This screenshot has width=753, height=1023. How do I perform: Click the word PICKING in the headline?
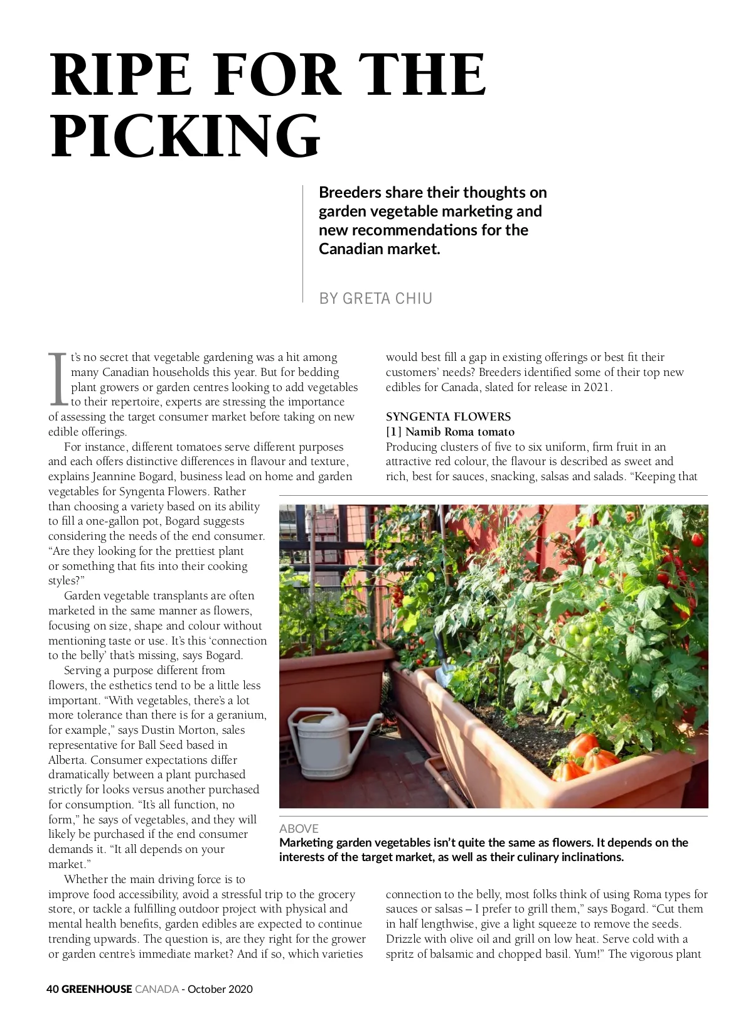click(186, 136)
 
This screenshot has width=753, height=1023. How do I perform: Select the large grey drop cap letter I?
click(57, 378)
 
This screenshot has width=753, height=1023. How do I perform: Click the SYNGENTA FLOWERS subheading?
click(448, 417)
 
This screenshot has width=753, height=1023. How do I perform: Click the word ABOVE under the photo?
click(299, 828)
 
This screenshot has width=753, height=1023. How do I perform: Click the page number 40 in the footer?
click(53, 989)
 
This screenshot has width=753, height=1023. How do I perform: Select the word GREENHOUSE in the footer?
click(97, 989)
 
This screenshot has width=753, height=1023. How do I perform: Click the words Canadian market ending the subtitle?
click(379, 249)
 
